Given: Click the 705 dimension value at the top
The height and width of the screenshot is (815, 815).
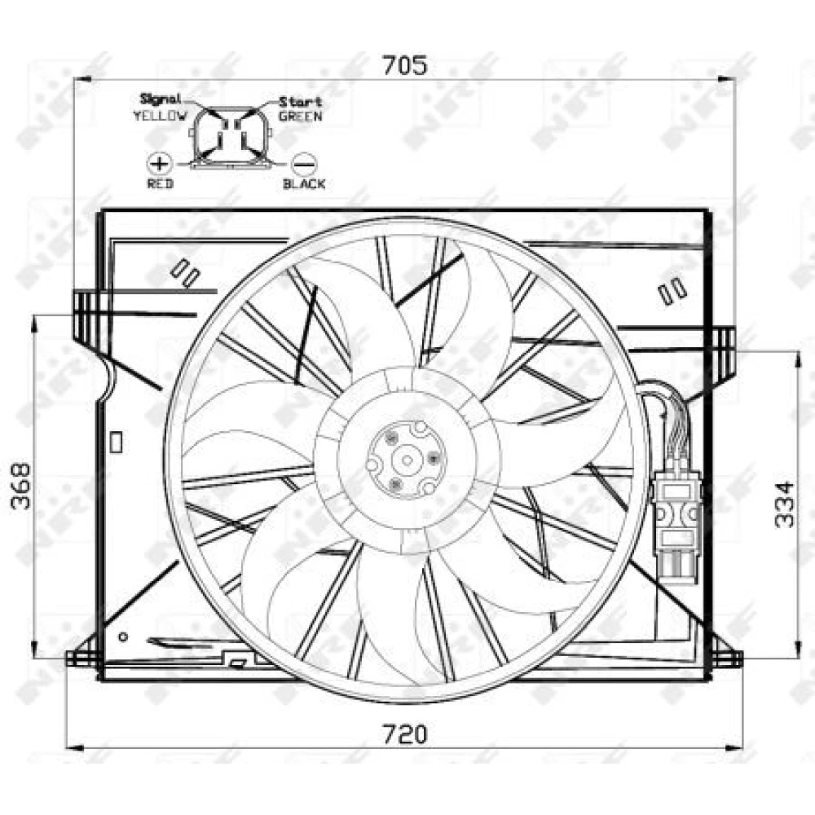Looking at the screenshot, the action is click(x=405, y=65).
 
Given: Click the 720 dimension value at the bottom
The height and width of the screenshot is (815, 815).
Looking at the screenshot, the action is click(x=405, y=734).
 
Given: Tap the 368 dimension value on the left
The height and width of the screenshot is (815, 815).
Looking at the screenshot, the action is click(x=21, y=487).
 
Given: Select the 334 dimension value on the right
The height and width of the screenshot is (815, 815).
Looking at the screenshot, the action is click(x=784, y=504).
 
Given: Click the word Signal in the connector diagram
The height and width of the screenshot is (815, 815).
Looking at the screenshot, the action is click(x=161, y=99).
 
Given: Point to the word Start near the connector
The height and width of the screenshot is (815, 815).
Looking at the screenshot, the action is click(x=301, y=102).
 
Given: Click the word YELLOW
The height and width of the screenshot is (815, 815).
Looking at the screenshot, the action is click(x=160, y=116).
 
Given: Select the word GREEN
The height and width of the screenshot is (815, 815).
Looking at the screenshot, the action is click(x=301, y=117).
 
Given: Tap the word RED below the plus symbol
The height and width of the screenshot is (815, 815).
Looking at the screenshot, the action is click(x=160, y=183).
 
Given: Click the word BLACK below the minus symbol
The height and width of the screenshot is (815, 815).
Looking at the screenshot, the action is click(x=304, y=183).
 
